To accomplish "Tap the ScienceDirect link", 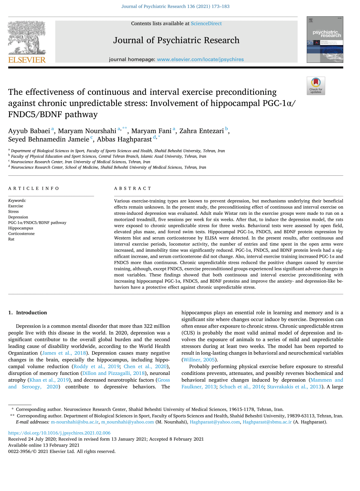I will tap(206, 23).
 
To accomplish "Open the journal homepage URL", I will tap(200, 59).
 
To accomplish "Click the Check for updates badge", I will tap(316, 86).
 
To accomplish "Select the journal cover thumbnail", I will tap(325, 39).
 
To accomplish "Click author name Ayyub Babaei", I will tap(29, 131).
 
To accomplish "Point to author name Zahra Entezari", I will tap(201, 131).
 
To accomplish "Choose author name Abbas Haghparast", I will tap(124, 140).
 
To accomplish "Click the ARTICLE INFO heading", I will tap(34, 189).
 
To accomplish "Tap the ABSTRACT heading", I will tap(132, 189).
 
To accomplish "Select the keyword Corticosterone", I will tap(21, 234).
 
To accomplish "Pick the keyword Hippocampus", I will tap(21, 228).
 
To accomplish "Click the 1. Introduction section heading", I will tap(28, 313).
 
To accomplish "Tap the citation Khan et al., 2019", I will tap(49, 380).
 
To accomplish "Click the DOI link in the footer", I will tap(59, 433).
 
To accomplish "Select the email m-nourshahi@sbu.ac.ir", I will tap(75, 422).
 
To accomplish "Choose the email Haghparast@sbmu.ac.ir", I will tap(267, 422).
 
